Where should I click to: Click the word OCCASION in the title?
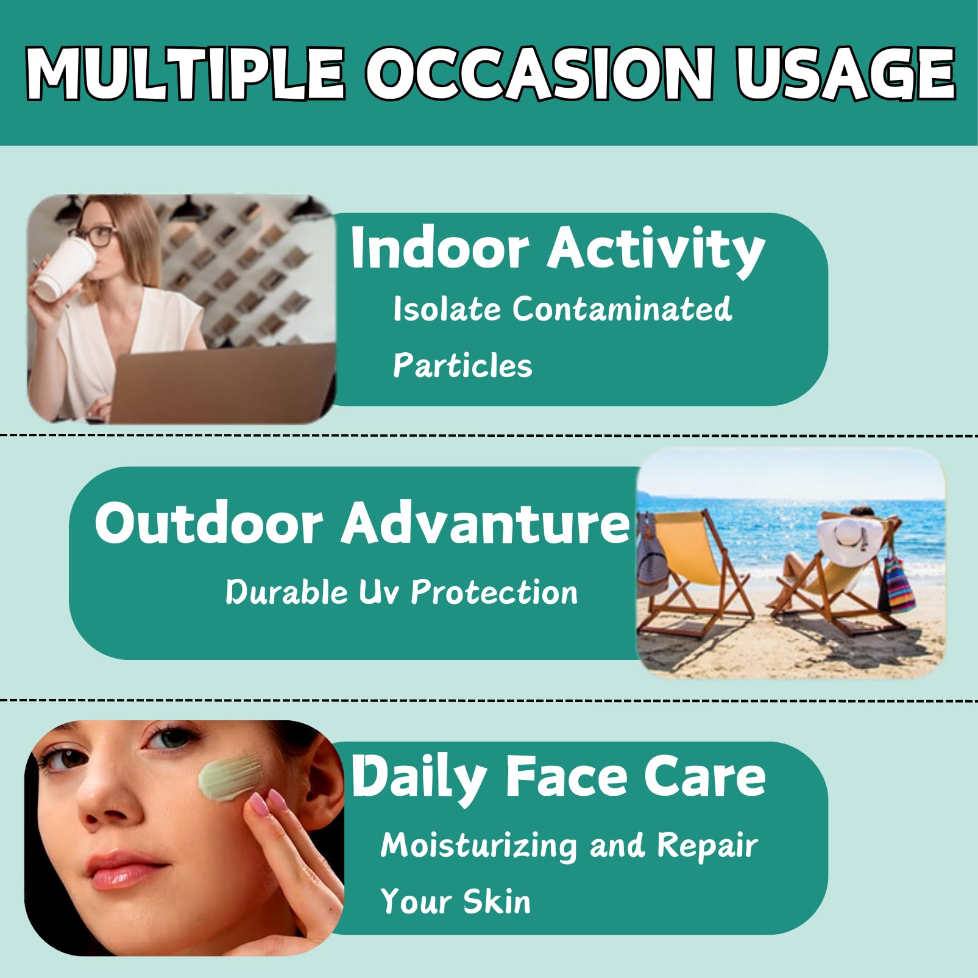(x=540, y=74)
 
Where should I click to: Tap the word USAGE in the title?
(x=845, y=74)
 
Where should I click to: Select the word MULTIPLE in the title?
(x=186, y=74)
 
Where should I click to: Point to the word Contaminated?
(x=622, y=308)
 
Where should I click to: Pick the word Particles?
(x=462, y=366)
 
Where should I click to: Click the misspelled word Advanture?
(x=485, y=523)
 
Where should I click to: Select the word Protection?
(x=494, y=592)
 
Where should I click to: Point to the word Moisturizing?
(x=478, y=846)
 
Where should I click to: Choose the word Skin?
(x=496, y=901)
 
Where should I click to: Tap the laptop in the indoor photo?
(x=222, y=384)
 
